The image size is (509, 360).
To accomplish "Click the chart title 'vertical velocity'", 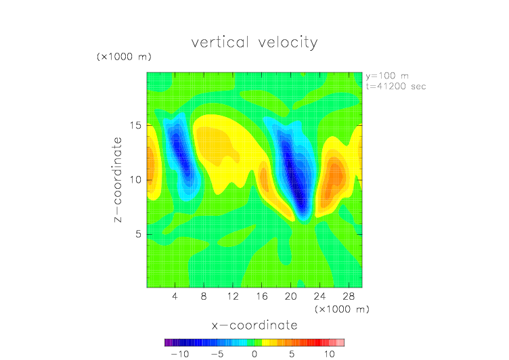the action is [x=255, y=43].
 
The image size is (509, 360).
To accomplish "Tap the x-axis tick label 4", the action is [x=175, y=296].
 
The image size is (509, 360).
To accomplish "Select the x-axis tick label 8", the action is [x=204, y=296].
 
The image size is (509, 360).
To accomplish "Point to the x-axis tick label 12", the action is [x=233, y=296].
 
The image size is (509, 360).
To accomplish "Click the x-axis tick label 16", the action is [x=262, y=296].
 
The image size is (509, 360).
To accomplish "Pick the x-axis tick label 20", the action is [x=290, y=296].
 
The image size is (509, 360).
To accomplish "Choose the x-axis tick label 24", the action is [x=319, y=296].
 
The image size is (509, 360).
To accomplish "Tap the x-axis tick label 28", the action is [x=349, y=296].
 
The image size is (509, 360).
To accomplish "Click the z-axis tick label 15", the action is [x=135, y=125].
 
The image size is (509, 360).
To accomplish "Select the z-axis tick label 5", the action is [x=139, y=234].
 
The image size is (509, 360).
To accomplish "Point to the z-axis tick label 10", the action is [x=135, y=179].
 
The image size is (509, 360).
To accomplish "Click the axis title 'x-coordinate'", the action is [x=255, y=325].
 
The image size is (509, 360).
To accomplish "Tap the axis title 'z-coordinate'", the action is [x=117, y=179].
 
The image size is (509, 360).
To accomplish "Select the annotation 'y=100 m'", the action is [x=387, y=76].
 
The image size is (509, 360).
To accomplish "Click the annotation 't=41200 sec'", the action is [x=396, y=87].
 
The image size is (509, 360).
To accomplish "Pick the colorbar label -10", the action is [x=180, y=354].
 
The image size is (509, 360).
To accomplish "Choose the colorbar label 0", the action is [x=255, y=354].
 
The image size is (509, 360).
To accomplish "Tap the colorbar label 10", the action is [x=329, y=354].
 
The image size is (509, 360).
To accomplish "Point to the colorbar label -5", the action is [x=217, y=354].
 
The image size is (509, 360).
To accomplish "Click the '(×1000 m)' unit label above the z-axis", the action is [x=124, y=57].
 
